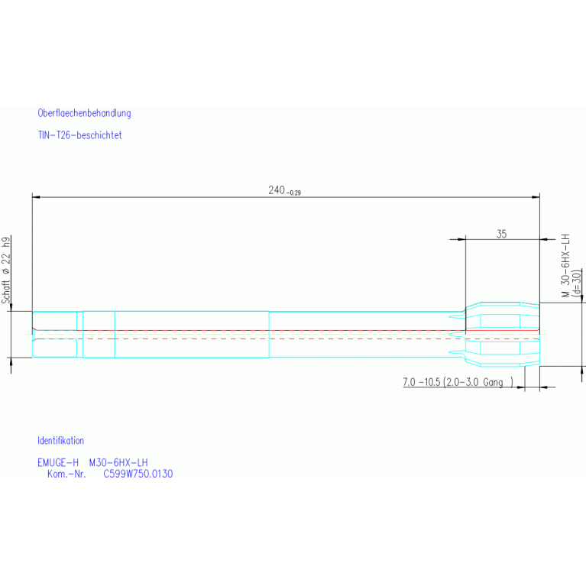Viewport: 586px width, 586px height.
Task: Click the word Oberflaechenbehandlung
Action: point(84,113)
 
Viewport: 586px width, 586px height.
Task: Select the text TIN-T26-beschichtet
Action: point(79,135)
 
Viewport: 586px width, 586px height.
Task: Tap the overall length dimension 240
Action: point(277,190)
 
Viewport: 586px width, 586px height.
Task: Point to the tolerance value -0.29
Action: point(294,193)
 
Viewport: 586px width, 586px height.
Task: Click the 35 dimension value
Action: point(501,235)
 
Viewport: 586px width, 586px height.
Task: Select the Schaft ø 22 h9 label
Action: point(6,271)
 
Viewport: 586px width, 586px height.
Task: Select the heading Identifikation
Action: point(60,441)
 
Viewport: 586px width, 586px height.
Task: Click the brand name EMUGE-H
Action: point(58,463)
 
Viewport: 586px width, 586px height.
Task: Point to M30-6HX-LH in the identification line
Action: point(118,463)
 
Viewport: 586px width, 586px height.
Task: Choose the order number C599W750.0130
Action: point(138,474)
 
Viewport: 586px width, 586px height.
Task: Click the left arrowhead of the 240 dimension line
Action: point(36,196)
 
